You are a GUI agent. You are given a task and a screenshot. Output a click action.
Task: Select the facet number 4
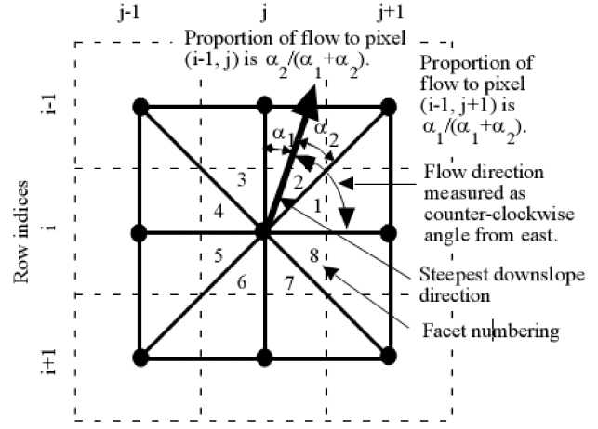[219, 212]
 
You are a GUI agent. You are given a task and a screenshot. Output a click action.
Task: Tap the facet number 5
[219, 254]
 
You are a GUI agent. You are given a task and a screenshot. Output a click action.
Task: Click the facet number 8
[313, 253]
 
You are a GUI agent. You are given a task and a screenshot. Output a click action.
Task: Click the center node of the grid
[262, 232]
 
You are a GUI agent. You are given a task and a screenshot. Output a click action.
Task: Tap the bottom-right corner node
[387, 356]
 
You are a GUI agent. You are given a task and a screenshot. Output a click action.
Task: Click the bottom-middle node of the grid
[262, 356]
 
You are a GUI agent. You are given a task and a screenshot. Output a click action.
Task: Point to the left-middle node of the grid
[140, 232]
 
